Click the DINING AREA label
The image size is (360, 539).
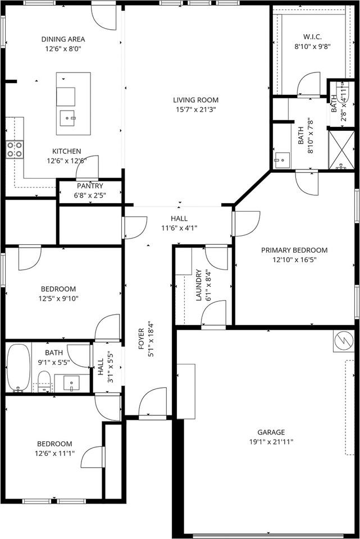[63, 39]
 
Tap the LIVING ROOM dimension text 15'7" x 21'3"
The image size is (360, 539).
[195, 109]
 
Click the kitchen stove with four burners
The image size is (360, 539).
[15, 149]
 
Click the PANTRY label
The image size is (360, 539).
[90, 186]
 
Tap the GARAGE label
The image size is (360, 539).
[271, 432]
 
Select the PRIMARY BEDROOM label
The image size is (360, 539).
[294, 250]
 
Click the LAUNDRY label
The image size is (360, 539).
[199, 287]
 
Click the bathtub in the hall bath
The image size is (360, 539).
[18, 367]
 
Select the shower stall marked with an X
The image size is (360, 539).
[341, 149]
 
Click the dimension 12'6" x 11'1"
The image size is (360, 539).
[54, 453]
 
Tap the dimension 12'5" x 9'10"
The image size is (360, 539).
[58, 299]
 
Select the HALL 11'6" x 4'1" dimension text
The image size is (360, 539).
[179, 228]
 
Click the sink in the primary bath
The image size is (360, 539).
[280, 159]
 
